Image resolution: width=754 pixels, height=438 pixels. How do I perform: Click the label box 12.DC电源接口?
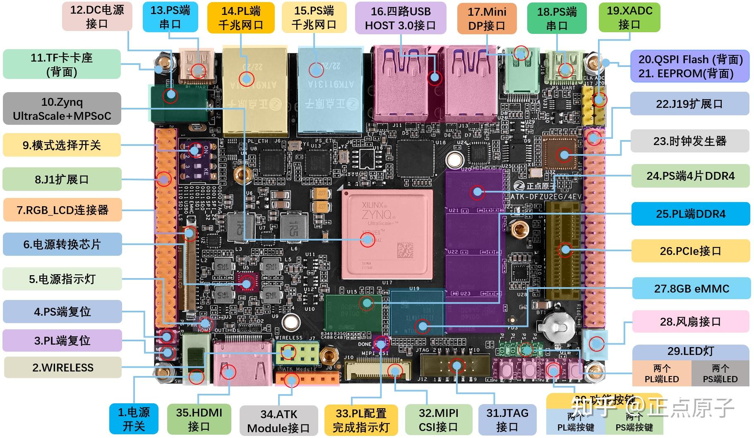pyautogui.click(x=97, y=17)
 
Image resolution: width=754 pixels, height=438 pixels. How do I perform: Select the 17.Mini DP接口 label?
pyautogui.click(x=487, y=19)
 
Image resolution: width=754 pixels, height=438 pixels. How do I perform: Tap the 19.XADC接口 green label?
pyautogui.click(x=629, y=17)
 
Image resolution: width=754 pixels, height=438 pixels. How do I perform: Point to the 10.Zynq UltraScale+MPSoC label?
pyautogui.click(x=62, y=109)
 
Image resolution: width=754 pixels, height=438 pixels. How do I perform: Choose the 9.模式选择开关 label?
pyautogui.click(x=62, y=145)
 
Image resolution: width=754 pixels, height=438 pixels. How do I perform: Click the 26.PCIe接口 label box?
pyautogui.click(x=690, y=251)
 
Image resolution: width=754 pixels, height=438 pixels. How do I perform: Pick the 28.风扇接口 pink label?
pyautogui.click(x=690, y=321)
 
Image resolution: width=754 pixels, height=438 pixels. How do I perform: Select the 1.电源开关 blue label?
pyautogui.click(x=134, y=419)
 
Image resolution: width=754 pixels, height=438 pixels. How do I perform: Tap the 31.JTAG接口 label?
pyautogui.click(x=507, y=420)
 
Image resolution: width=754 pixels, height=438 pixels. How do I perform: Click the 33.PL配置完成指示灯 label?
pyautogui.click(x=361, y=420)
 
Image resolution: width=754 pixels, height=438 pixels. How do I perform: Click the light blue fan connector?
pyautogui.click(x=595, y=345)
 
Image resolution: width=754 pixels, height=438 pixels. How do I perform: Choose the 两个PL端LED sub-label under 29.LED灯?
pyautogui.click(x=661, y=374)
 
